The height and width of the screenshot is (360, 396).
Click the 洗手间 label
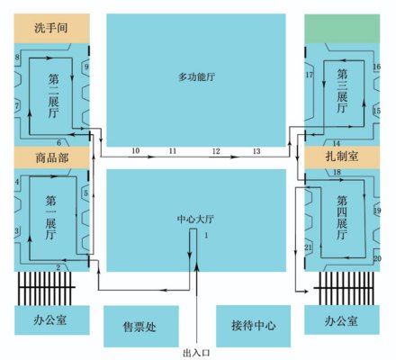point(51,28)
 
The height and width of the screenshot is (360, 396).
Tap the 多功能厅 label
point(197,77)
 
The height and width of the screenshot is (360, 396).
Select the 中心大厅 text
point(195,220)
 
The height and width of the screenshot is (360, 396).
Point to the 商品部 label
point(52,157)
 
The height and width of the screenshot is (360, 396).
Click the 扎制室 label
point(342,157)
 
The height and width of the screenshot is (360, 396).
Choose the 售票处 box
point(141,327)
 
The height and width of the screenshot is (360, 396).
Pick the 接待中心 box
point(254,326)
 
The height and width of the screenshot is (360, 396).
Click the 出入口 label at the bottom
point(196,353)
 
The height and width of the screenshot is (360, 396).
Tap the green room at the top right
point(342,29)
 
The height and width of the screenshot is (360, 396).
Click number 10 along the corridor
point(136,150)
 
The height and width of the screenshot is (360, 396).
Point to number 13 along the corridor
point(256,151)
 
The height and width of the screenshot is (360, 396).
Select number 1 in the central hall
point(206,235)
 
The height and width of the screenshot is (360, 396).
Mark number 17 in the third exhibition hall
point(310,75)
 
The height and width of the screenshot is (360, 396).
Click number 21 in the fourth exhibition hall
point(308,247)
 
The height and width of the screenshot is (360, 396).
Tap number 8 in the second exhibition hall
point(17,57)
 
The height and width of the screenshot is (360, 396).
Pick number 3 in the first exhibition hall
point(17,230)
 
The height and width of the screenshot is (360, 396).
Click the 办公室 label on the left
point(50,320)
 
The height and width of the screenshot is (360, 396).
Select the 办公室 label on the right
point(341,321)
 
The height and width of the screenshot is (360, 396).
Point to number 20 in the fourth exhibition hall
point(377,258)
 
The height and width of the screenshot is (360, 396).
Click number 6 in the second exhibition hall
point(58,143)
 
